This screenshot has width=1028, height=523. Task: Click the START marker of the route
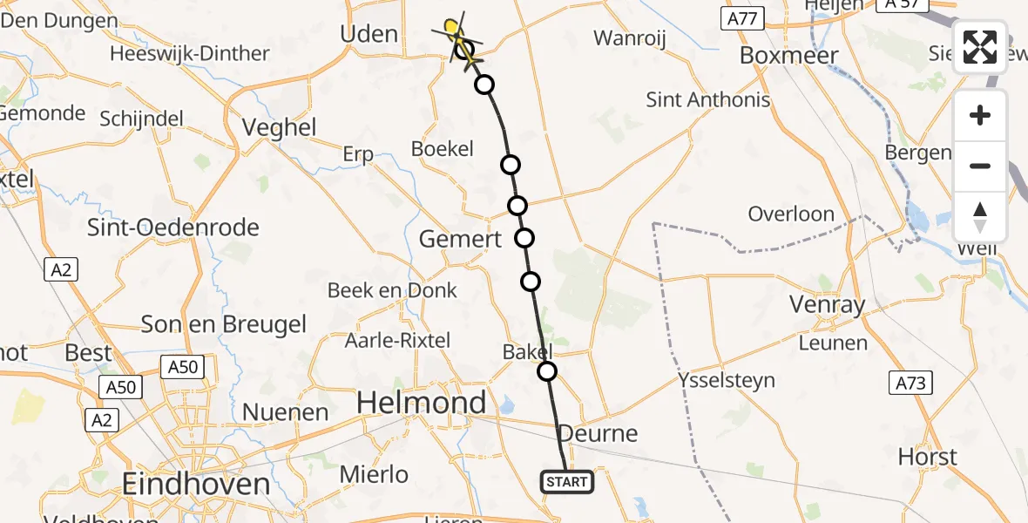567,482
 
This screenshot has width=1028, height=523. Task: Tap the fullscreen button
980,47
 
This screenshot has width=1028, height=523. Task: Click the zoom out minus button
980,166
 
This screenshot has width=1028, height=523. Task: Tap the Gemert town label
461,239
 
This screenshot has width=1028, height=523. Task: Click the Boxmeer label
788,55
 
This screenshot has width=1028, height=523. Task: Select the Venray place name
827,304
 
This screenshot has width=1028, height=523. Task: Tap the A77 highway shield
743,18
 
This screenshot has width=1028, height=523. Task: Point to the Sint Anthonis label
708,99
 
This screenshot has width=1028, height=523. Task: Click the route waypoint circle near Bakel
547,371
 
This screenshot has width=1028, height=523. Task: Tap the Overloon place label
791,214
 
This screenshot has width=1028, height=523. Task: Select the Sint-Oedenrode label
173,228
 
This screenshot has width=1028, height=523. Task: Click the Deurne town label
598,433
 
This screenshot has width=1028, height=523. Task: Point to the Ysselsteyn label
727,381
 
